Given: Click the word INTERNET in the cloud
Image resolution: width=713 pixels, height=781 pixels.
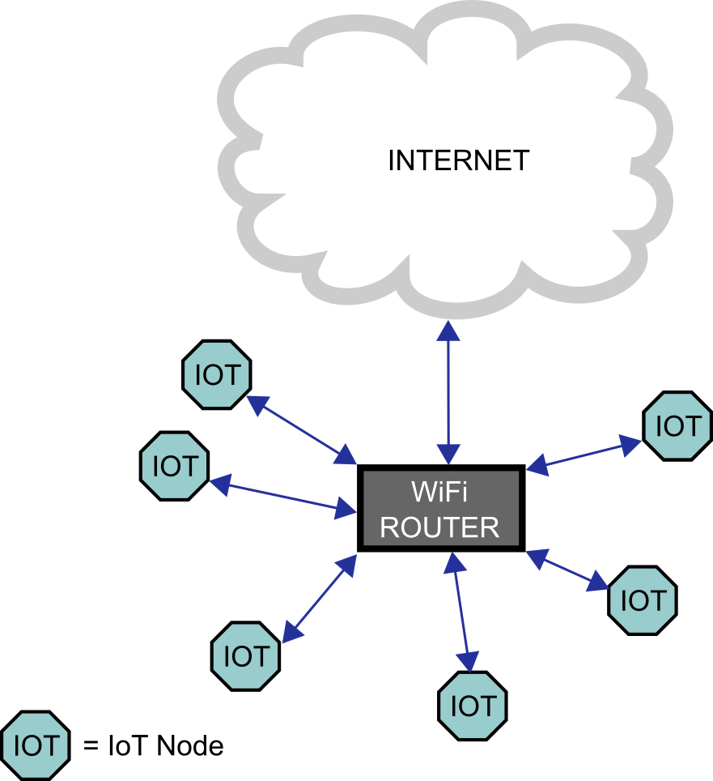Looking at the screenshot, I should (x=458, y=160).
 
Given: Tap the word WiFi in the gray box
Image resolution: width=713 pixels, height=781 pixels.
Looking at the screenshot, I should (x=440, y=492).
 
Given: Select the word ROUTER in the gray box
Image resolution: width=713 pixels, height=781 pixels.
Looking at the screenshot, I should (x=439, y=527).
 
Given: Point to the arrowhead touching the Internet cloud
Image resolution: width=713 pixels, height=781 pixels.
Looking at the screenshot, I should (x=448, y=330).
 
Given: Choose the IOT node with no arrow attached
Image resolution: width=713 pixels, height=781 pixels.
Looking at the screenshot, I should (x=36, y=745).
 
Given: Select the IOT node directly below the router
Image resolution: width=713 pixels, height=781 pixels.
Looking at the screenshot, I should (x=473, y=706).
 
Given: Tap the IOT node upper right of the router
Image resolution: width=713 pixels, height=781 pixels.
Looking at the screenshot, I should (x=677, y=426).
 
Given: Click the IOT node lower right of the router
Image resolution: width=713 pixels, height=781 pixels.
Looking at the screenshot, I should (x=642, y=600).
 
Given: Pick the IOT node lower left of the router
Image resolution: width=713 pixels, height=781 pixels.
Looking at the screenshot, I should (x=245, y=656).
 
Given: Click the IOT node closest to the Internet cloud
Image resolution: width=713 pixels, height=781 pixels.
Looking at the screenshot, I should (x=217, y=375).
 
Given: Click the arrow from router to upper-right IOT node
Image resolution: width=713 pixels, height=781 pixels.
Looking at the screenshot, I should (x=584, y=455).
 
